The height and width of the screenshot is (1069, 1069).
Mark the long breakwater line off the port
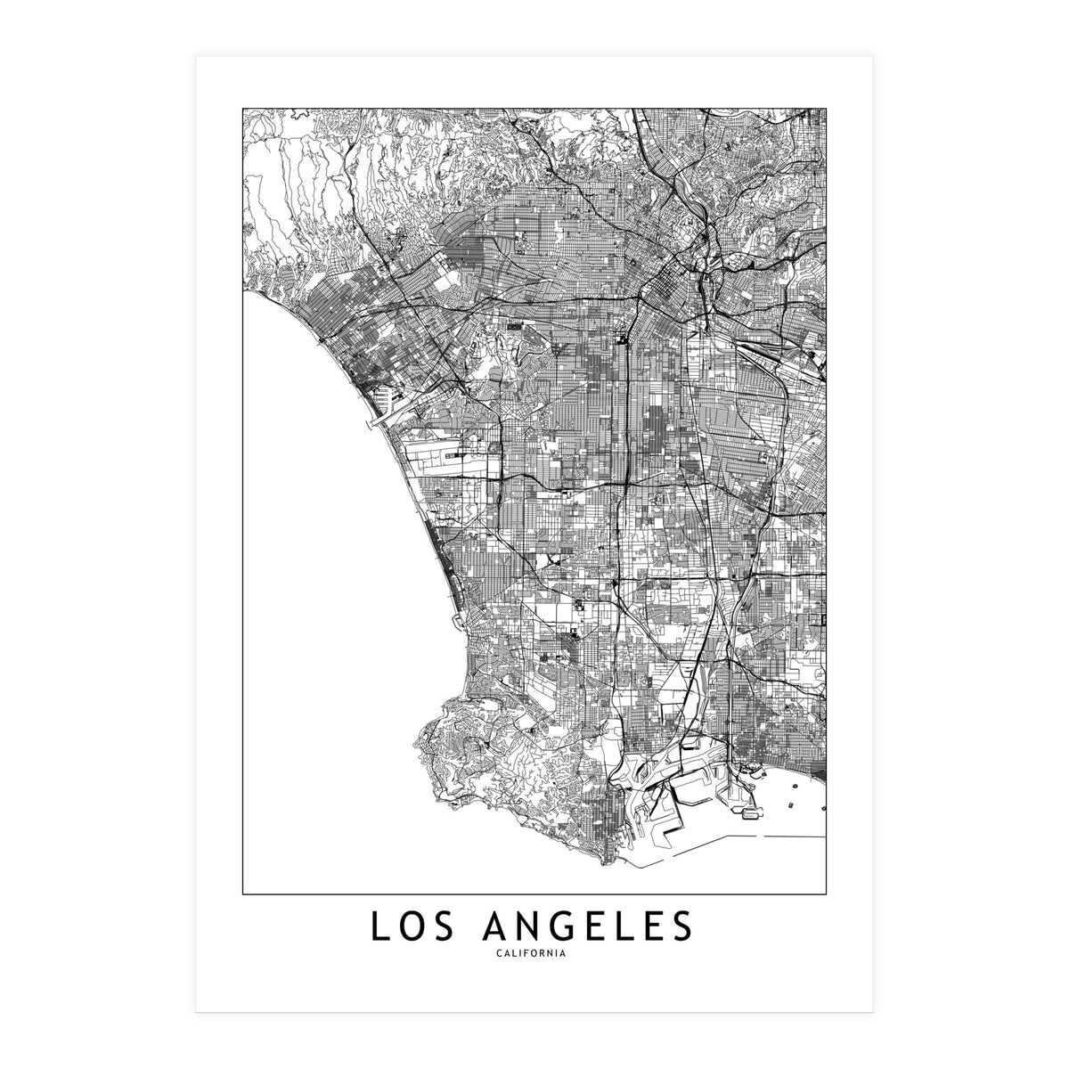[x=784, y=838]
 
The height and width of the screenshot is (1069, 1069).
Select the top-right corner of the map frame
[x=827, y=109]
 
